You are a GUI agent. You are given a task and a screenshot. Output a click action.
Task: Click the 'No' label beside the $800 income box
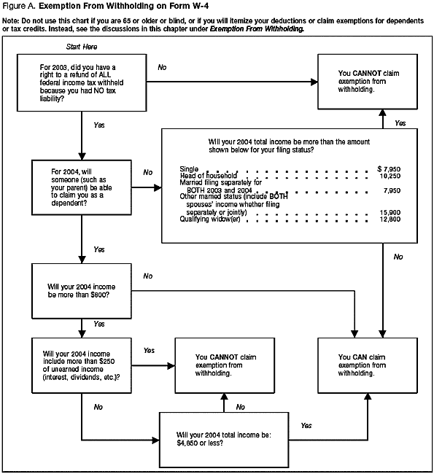pyautogui.click(x=148, y=276)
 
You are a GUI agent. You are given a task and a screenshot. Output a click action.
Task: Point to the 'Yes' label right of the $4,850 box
pyautogui.click(x=306, y=425)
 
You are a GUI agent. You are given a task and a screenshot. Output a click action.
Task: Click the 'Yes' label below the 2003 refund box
pyautogui.click(x=99, y=125)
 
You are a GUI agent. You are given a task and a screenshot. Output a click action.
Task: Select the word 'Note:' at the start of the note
pyautogui.click(x=12, y=19)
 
